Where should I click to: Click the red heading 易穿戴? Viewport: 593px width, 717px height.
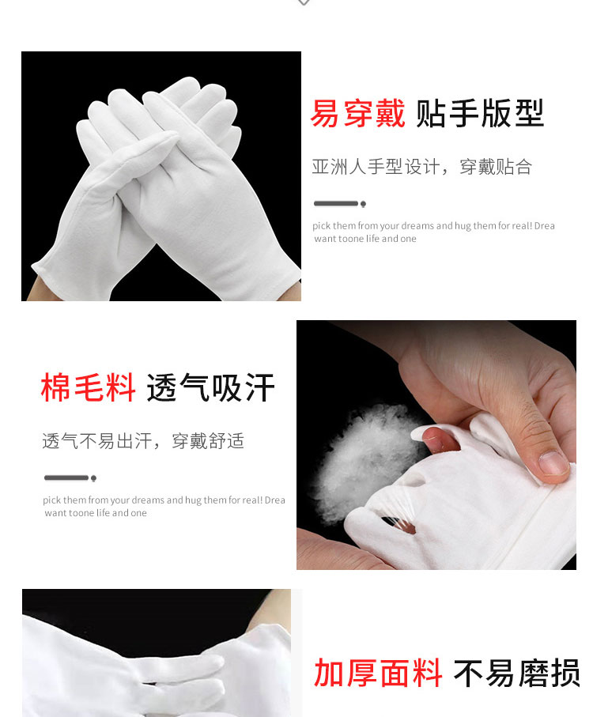[x=357, y=113]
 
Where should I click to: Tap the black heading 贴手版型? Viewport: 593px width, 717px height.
[x=480, y=113]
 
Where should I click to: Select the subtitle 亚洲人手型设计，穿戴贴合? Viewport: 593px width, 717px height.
[x=421, y=167]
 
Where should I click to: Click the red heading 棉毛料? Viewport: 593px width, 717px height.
[x=88, y=387]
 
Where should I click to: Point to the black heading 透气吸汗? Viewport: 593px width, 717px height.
[x=210, y=387]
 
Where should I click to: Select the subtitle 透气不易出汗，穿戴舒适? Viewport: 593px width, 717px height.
[x=143, y=441]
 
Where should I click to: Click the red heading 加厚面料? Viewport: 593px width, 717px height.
[x=378, y=673]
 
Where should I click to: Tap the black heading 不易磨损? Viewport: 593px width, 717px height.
[x=516, y=673]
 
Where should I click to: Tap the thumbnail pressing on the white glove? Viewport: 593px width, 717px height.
[x=553, y=462]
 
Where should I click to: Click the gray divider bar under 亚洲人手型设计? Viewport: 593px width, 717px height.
[x=336, y=203]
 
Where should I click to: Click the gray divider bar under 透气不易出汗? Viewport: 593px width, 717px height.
[x=66, y=477]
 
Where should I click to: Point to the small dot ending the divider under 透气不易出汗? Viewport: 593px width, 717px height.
[x=94, y=478]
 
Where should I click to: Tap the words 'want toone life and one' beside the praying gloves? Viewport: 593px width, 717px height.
[x=365, y=239]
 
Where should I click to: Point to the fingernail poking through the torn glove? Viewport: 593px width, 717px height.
[x=432, y=439]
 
